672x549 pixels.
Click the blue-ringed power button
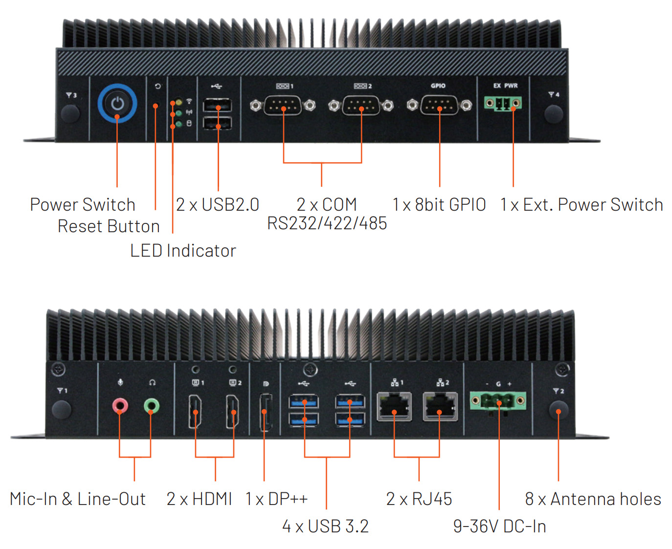[117, 104]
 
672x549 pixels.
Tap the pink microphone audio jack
[120, 406]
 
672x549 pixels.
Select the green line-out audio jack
[152, 406]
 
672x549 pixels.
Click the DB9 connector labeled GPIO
[439, 105]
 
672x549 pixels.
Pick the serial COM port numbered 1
[283, 105]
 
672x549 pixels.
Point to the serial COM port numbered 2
[361, 105]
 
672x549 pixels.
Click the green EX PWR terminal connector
[503, 103]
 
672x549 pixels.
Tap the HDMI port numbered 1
[196, 411]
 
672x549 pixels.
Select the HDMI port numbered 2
[233, 411]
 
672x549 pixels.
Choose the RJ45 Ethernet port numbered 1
[394, 407]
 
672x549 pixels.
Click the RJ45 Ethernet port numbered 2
[440, 407]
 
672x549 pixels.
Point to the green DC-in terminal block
[498, 401]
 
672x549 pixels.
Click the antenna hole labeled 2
[559, 410]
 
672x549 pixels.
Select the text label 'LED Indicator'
[183, 251]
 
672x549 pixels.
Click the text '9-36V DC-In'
[499, 527]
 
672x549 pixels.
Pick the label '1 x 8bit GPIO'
[439, 205]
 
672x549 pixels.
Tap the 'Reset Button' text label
[109, 226]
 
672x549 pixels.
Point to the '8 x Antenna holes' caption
[593, 499]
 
